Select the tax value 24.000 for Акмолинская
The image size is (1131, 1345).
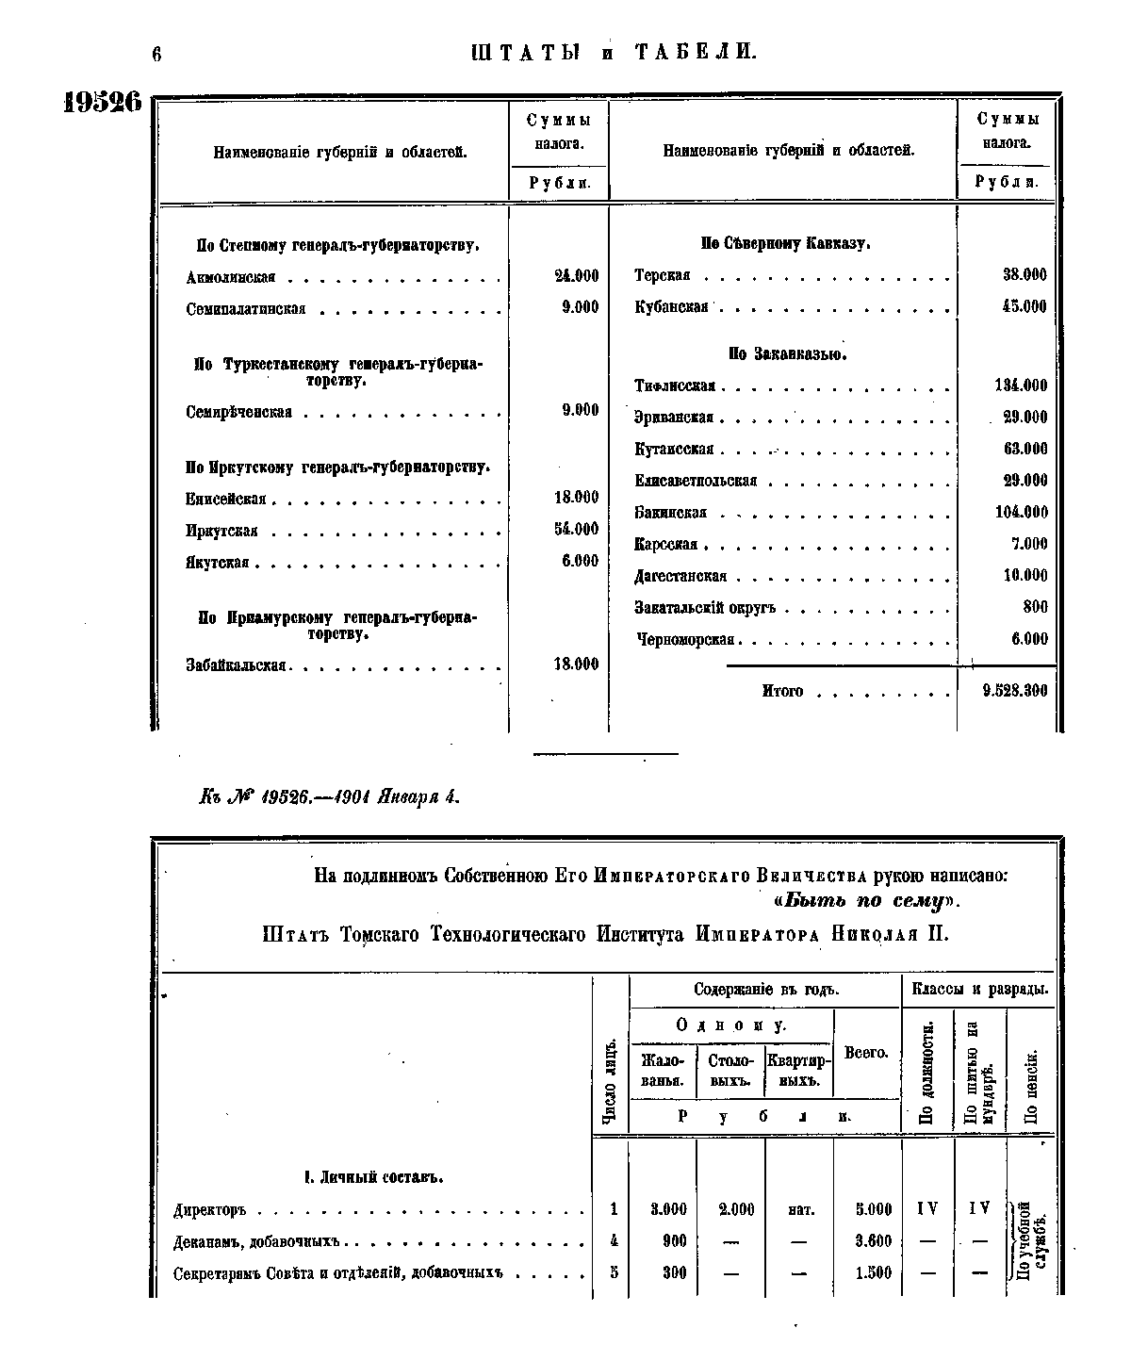[576, 276]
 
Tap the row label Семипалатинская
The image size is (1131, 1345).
[246, 309]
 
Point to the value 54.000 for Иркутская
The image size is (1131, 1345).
[576, 530]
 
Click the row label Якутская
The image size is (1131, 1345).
[217, 563]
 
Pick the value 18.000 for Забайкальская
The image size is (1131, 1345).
[576, 664]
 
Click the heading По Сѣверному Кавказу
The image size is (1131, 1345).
[785, 244]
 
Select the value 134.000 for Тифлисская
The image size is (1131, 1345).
[1020, 385]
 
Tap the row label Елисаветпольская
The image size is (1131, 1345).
[696, 482]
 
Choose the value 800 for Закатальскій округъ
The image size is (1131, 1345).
[1034, 608]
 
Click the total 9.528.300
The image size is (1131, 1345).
[1013, 691]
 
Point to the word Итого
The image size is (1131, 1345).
[782, 691]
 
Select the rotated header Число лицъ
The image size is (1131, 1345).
[610, 1084]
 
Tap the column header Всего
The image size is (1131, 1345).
[866, 1052]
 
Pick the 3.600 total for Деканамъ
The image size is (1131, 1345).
[873, 1241]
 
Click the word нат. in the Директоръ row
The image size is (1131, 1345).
[799, 1209]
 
